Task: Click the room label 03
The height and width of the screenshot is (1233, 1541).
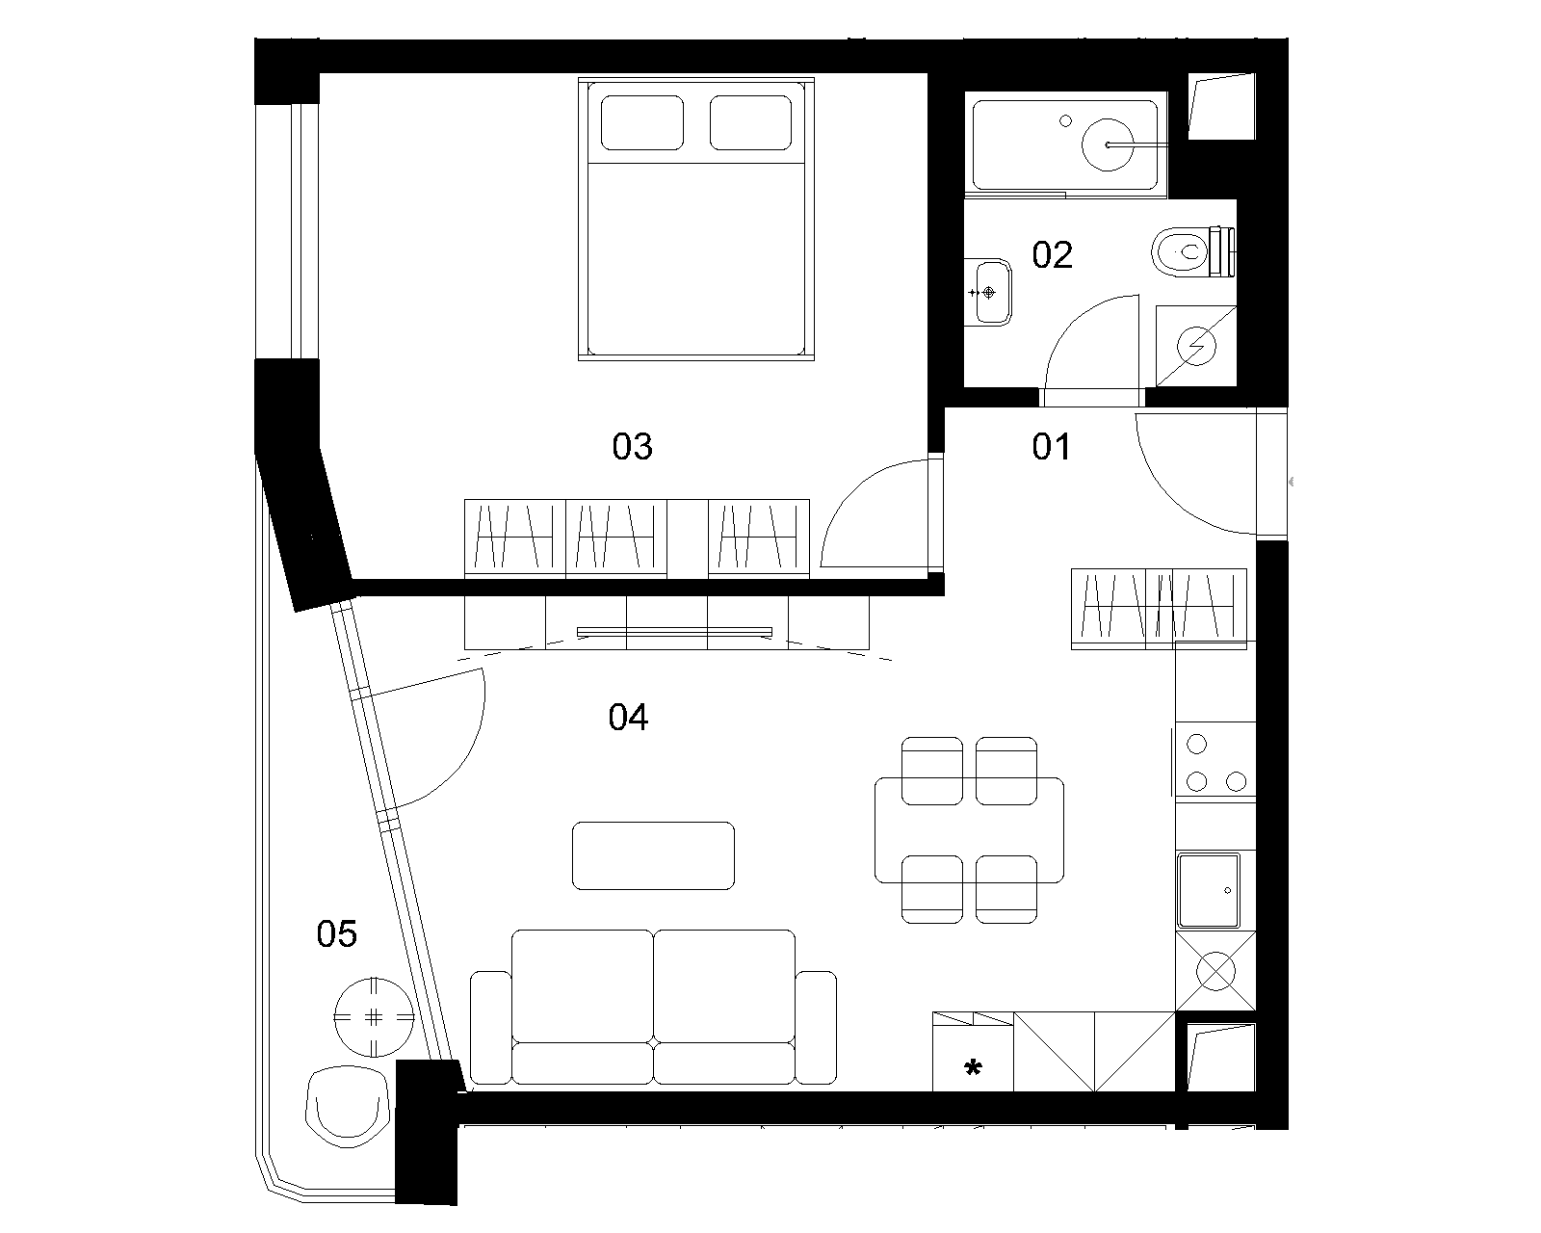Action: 633,446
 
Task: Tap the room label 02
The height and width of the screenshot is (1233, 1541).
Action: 1052,255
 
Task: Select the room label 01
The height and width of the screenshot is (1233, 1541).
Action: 1051,446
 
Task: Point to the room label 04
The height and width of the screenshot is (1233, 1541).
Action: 628,717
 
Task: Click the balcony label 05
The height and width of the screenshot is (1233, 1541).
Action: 336,934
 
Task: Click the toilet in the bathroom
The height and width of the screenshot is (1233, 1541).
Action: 1193,251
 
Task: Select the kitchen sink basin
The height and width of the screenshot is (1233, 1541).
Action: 1209,890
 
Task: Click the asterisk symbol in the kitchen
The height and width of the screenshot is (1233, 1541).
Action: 973,1068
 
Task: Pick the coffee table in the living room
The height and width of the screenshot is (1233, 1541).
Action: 653,856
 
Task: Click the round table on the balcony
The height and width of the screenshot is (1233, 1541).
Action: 374,1017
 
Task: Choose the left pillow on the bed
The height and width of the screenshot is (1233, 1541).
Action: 641,123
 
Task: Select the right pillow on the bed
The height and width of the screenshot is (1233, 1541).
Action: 750,123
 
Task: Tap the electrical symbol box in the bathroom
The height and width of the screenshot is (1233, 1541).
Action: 1196,346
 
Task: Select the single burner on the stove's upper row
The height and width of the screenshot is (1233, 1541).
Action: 1196,745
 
